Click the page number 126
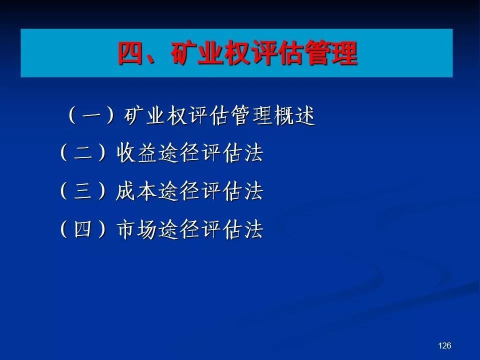pyautogui.click(x=444, y=345)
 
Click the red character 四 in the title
pyautogui.click(x=131, y=53)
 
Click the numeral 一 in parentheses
pyautogui.click(x=92, y=115)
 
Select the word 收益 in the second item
pyautogui.click(x=136, y=153)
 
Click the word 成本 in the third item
pyautogui.click(x=136, y=191)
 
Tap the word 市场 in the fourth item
pyautogui.click(x=136, y=229)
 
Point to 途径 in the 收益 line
pyautogui.click(x=179, y=153)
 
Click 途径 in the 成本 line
pyautogui.click(x=179, y=191)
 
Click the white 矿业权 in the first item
pyautogui.click(x=155, y=115)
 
